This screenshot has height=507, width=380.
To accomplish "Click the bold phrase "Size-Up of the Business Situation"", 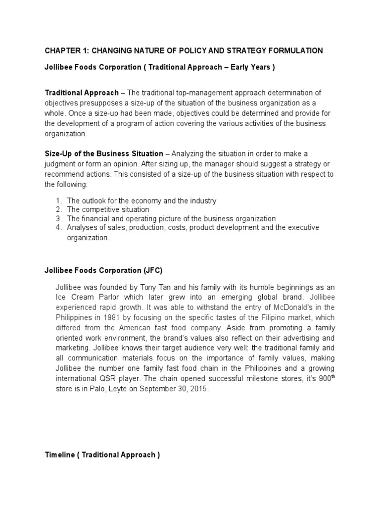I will point(104,154).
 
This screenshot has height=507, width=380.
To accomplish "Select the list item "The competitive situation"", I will point(108,209).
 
